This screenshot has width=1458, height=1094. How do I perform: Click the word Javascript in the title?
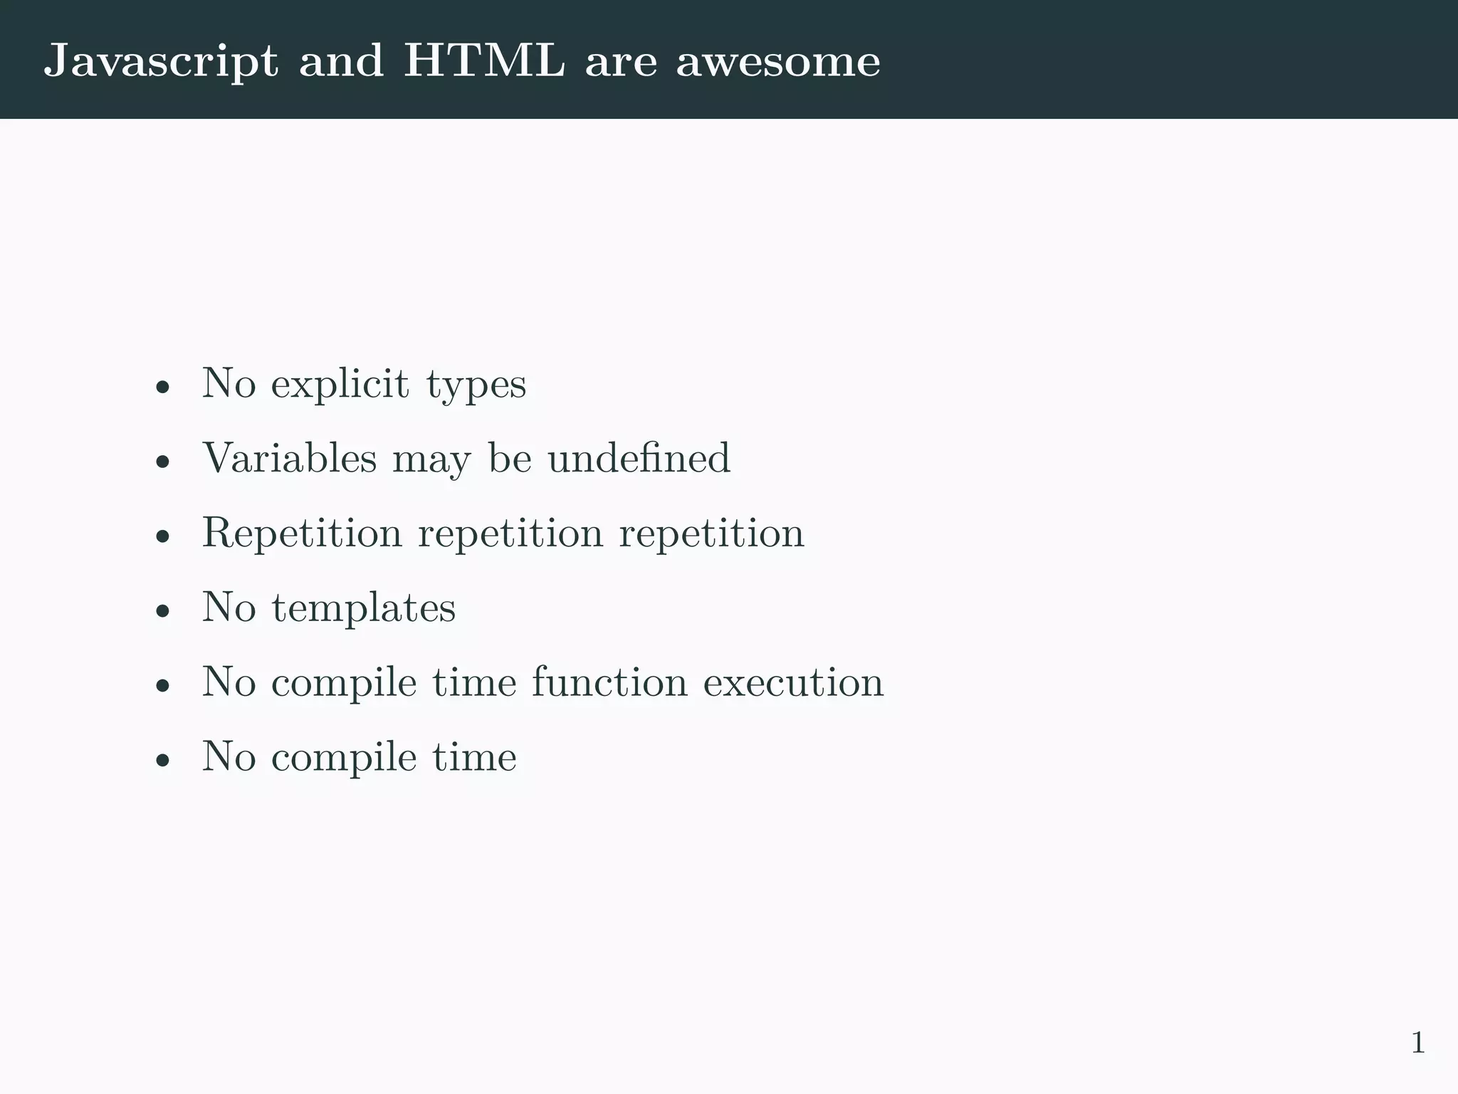[x=160, y=61]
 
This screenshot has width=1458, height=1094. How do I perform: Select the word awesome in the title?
[x=778, y=61]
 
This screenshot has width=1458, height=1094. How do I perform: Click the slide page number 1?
[x=1417, y=1043]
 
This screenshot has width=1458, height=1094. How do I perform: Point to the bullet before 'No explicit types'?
[x=163, y=387]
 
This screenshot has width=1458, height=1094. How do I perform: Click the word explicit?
[x=340, y=385]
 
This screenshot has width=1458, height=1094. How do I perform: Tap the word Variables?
[x=289, y=457]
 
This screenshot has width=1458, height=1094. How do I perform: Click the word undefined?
[x=639, y=457]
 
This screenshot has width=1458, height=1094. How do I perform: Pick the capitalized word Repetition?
[x=302, y=533]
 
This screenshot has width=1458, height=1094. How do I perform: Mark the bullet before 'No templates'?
[x=163, y=611]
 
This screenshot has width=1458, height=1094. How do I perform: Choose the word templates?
[x=363, y=608]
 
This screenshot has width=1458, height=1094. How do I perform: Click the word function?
[x=609, y=682]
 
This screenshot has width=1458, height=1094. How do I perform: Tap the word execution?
[x=793, y=682]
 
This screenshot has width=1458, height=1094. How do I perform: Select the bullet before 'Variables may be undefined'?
[x=163, y=462]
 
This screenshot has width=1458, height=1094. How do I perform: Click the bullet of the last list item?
[x=163, y=760]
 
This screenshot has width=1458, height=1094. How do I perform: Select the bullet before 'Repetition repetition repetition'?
[x=163, y=536]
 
